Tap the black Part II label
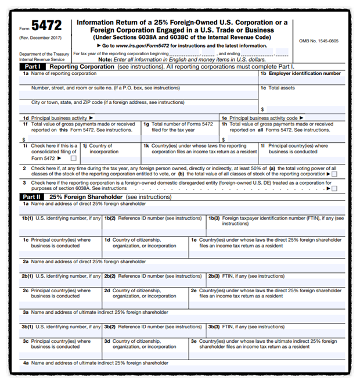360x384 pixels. (x=31, y=196)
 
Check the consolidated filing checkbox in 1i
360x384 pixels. (x=73, y=158)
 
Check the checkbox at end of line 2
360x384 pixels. (x=334, y=174)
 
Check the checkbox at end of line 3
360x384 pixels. (x=334, y=188)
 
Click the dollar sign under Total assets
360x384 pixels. (x=262, y=109)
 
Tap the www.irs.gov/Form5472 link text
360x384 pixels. (x=141, y=45)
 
